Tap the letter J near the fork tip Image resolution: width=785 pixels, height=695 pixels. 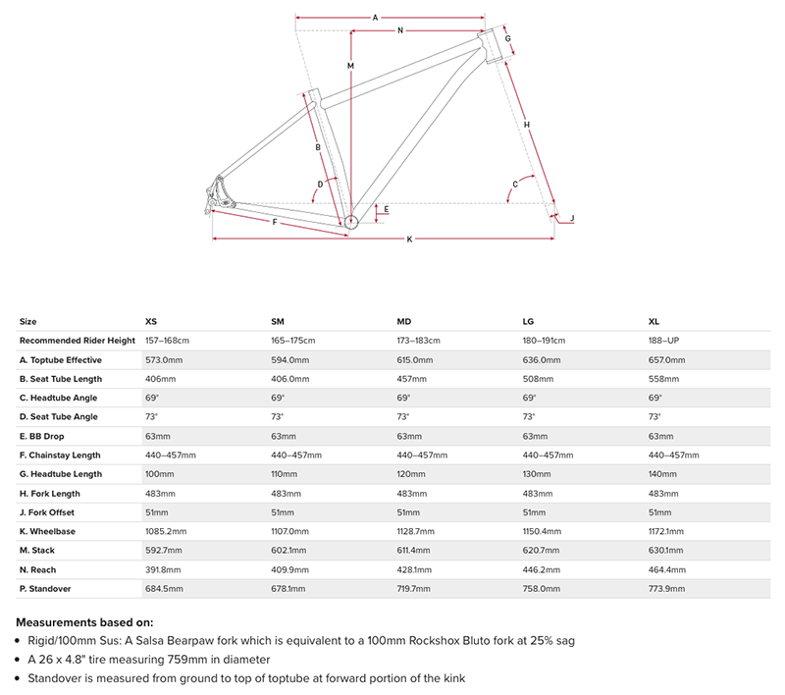coord(572,218)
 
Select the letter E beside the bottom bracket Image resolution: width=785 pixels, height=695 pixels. coord(387,209)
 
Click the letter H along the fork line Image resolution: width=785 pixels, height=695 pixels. coord(527,125)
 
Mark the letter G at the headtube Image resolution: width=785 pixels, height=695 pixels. coord(509,41)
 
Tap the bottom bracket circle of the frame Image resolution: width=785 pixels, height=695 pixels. coord(352,222)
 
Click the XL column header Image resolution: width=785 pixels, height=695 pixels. coord(654,322)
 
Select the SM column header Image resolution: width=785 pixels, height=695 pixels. coord(278,322)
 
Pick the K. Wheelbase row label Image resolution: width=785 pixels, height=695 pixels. coord(54,532)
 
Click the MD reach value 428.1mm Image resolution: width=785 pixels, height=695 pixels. coord(417,570)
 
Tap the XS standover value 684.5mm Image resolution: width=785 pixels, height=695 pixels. coord(165,589)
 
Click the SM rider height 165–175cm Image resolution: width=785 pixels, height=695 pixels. coord(293,341)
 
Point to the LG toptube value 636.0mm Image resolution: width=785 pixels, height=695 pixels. coord(543,360)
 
